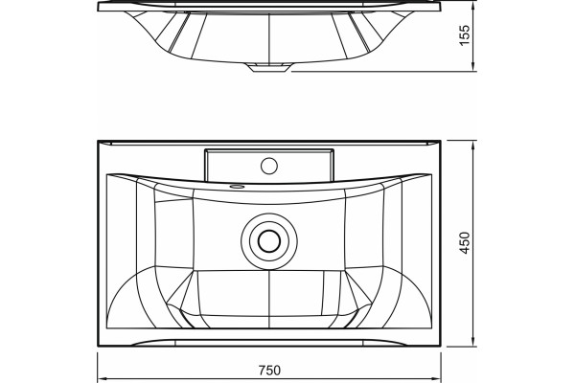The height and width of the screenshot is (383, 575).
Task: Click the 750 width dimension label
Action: (269, 371)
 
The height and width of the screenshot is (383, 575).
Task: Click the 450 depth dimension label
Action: (464, 242)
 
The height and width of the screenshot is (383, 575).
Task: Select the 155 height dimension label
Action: (464, 35)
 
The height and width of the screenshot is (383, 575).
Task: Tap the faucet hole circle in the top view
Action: (269, 166)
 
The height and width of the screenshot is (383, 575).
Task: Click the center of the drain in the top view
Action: (269, 241)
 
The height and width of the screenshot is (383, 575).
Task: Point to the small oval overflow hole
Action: (237, 187)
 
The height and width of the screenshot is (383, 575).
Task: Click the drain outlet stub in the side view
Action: (268, 67)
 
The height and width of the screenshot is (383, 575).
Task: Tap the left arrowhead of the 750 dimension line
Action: (102, 378)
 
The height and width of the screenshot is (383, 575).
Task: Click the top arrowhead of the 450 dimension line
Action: (473, 145)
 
